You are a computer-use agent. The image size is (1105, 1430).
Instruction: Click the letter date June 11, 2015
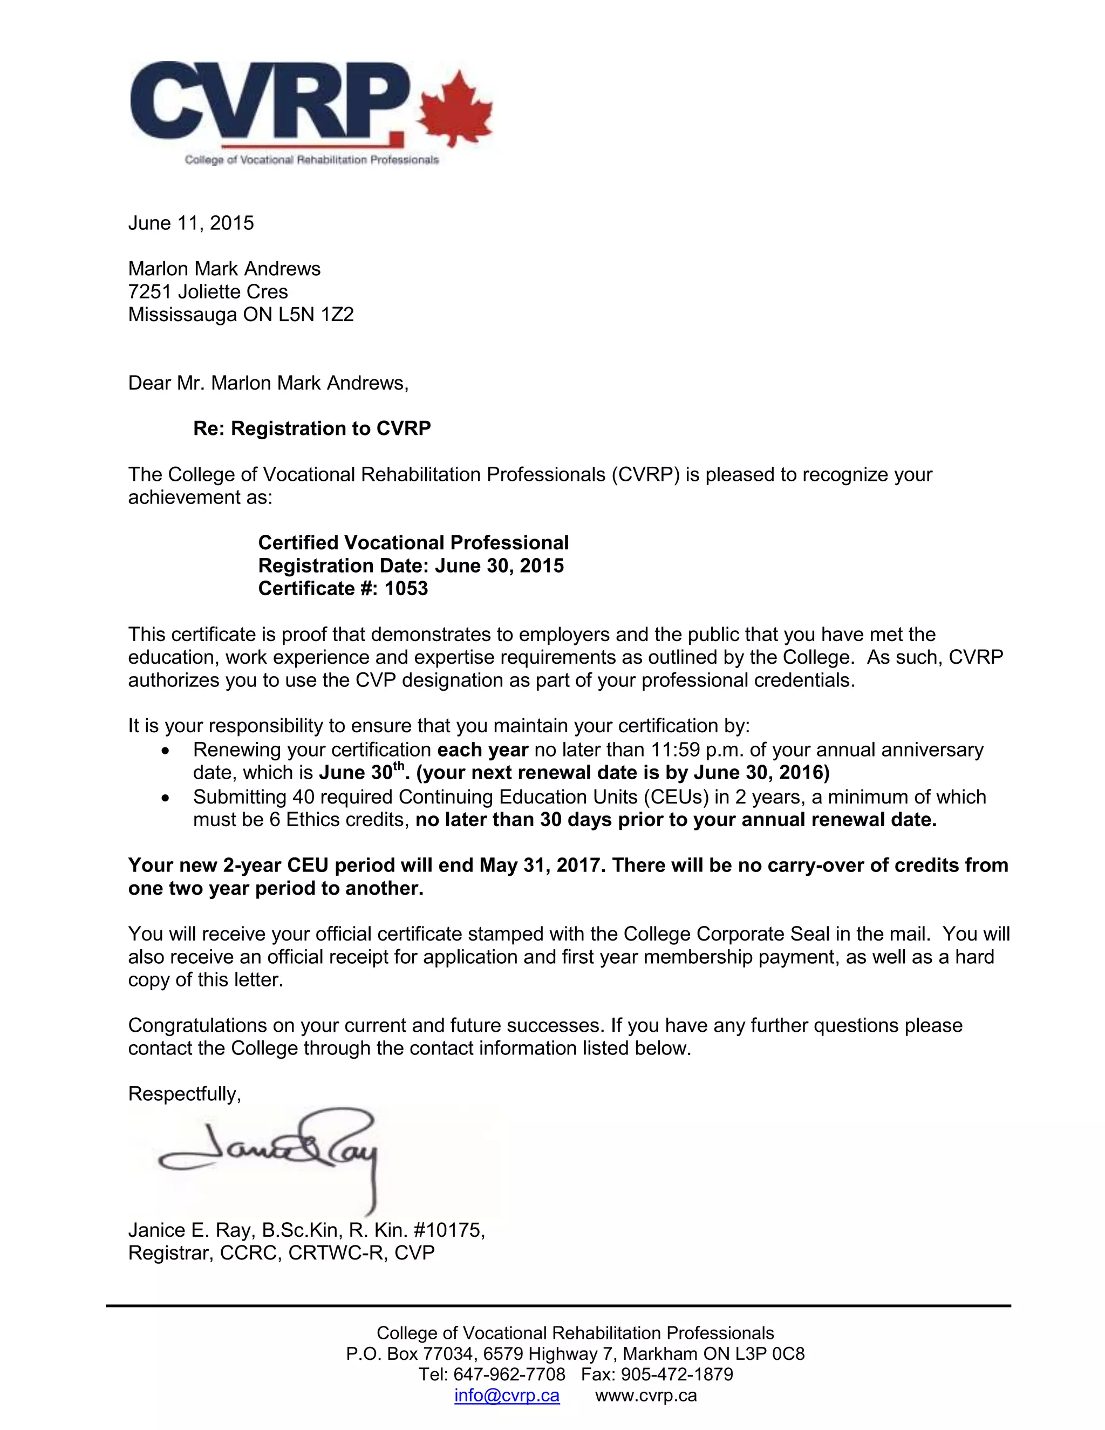[190, 223]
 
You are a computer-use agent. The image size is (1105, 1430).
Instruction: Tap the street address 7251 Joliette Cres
[208, 292]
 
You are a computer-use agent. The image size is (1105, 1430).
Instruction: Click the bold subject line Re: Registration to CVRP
[312, 429]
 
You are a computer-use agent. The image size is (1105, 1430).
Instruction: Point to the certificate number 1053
[406, 589]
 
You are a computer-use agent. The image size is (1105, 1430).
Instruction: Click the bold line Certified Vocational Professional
[413, 543]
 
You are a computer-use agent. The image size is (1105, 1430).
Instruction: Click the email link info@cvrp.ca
[507, 1396]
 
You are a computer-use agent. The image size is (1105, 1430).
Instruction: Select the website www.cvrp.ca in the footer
[645, 1396]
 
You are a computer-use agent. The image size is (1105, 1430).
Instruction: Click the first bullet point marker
[165, 751]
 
